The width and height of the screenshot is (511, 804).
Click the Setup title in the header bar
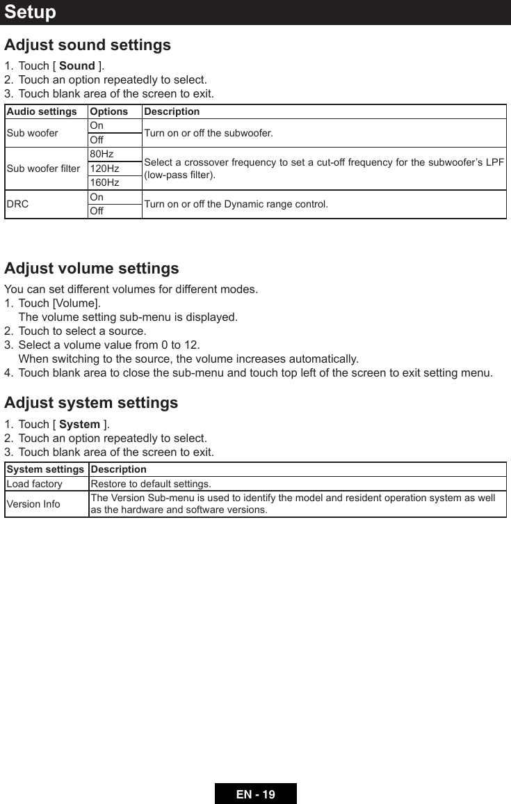click(31, 13)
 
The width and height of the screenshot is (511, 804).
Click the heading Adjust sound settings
click(88, 45)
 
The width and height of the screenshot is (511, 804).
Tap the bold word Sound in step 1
click(77, 66)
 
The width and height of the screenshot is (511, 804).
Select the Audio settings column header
click(42, 111)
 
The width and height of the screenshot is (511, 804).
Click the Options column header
click(109, 111)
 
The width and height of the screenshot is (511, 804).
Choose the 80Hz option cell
click(102, 154)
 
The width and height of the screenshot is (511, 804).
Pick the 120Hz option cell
click(104, 168)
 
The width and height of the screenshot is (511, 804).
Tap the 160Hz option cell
click(104, 183)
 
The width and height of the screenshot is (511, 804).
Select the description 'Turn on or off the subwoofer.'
click(209, 133)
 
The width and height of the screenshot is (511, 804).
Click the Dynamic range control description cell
click(236, 204)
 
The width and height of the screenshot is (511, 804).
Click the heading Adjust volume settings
click(92, 269)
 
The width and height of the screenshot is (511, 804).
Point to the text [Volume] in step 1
click(76, 304)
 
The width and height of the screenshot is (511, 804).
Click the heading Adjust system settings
click(91, 403)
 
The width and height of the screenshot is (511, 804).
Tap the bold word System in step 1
click(79, 425)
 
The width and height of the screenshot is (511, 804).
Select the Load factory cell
click(34, 484)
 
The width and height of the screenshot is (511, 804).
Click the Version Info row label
click(33, 504)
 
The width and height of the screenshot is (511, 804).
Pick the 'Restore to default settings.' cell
click(151, 484)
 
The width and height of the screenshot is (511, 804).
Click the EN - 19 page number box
click(255, 794)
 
